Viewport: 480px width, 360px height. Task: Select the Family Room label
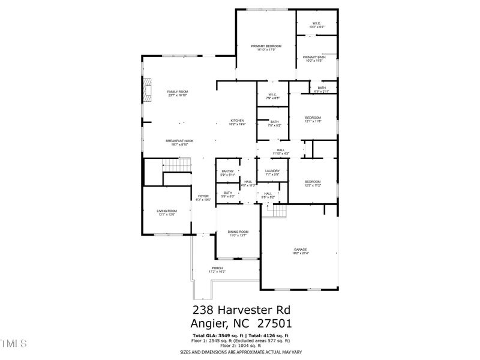tap(178, 92)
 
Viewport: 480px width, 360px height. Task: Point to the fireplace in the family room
tap(146, 92)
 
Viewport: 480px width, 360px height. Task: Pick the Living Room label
tap(167, 211)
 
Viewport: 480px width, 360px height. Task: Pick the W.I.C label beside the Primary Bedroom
tap(316, 24)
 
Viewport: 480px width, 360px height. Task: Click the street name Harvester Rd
tap(256, 310)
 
